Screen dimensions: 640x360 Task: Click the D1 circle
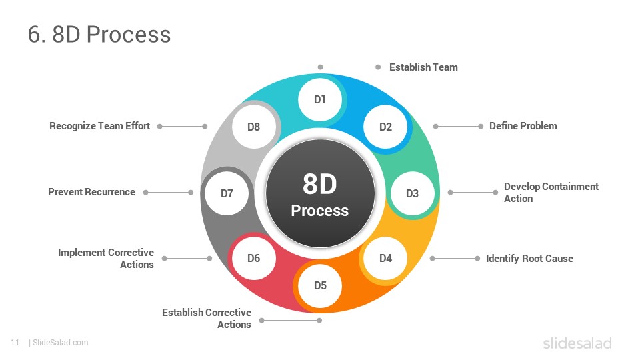click(x=320, y=99)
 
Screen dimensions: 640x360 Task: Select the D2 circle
click(x=385, y=127)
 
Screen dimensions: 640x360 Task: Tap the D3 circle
click(x=412, y=193)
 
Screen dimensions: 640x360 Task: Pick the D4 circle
click(x=385, y=259)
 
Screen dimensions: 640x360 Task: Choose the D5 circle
click(x=320, y=285)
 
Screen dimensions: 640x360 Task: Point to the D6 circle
click(x=253, y=259)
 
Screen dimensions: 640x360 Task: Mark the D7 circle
click(x=227, y=193)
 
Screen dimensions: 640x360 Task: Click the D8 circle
click(x=253, y=127)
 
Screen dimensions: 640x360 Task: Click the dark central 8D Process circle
click(x=320, y=193)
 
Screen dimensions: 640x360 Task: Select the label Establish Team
click(x=423, y=67)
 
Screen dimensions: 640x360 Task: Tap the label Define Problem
click(x=523, y=126)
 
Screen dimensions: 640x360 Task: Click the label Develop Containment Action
click(x=551, y=193)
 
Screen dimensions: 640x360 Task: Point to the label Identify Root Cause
click(x=529, y=259)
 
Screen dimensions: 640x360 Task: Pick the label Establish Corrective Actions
click(x=207, y=319)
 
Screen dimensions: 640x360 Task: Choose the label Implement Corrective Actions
click(x=106, y=259)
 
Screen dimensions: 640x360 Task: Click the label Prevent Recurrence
click(x=91, y=192)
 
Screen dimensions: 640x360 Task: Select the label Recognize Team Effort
click(x=99, y=126)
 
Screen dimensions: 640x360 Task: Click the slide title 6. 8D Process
click(x=99, y=34)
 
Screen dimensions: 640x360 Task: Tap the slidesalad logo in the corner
click(x=577, y=343)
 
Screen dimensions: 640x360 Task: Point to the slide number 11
click(x=15, y=343)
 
